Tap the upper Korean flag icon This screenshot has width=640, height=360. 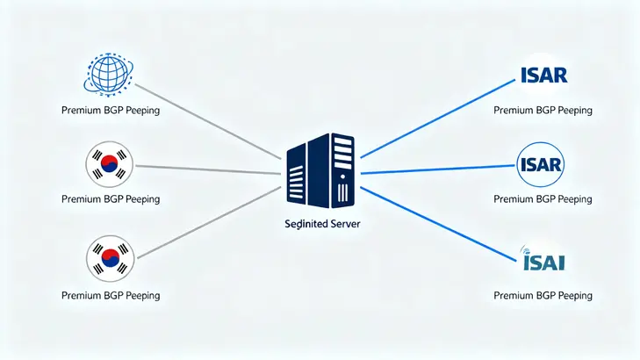click(110, 164)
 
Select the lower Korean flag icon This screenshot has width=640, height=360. click(110, 257)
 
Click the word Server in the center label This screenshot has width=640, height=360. click(342, 224)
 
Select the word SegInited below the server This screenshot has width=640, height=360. click(304, 224)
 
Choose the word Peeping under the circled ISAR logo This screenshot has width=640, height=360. click(576, 199)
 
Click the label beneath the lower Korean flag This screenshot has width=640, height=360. click(111, 296)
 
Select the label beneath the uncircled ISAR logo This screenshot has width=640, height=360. click(543, 111)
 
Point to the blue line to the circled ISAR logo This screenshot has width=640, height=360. click(439, 169)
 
